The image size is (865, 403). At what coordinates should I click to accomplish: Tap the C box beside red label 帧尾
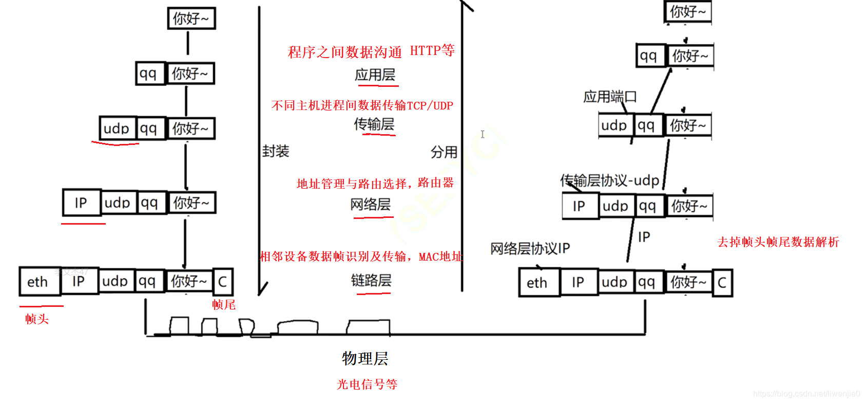coord(223,282)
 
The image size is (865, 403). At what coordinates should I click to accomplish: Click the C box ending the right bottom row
coord(722,283)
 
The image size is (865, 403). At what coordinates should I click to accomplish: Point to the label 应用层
coord(375,75)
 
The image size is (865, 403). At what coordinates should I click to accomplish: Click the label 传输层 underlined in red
coord(374,124)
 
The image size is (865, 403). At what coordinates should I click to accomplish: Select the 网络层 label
coord(370,205)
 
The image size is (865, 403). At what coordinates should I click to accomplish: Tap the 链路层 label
coord(371,280)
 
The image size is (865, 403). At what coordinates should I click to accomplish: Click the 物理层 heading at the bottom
coord(365,358)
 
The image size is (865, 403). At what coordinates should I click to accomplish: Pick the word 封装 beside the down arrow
coord(276,151)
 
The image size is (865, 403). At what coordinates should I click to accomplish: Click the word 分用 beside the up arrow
coord(444,152)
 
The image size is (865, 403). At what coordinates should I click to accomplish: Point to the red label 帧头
coord(36,319)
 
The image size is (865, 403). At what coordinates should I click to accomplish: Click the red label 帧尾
coord(224,305)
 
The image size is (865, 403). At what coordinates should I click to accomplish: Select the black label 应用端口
coord(610,97)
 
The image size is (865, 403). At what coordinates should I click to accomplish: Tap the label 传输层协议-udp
coord(609,180)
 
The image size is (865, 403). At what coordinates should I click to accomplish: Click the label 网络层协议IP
coord(530,249)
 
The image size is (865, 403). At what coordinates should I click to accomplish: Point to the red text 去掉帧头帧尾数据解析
coord(778,242)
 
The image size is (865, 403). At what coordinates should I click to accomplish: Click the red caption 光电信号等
coord(367,384)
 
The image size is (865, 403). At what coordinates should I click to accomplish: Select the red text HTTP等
coord(432,50)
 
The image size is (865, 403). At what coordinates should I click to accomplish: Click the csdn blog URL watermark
coord(806,394)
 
